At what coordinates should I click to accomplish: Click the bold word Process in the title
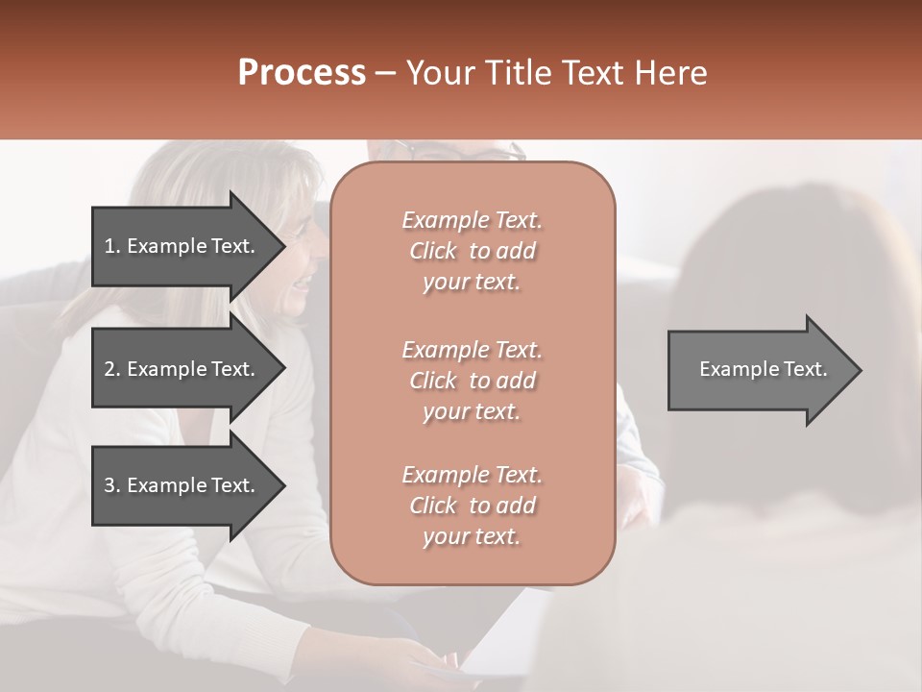click(x=302, y=73)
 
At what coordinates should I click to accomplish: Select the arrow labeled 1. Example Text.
click(x=182, y=246)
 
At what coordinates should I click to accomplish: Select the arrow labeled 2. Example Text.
click(x=182, y=369)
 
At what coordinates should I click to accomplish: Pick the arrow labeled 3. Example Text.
click(x=182, y=485)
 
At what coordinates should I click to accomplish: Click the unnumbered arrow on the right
click(x=759, y=369)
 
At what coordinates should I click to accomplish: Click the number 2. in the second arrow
click(x=112, y=369)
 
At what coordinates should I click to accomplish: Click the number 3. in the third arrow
click(x=112, y=485)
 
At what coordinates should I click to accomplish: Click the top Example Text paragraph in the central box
click(x=472, y=251)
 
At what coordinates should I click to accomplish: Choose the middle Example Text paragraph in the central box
click(x=472, y=381)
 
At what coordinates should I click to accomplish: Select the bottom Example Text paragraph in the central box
click(x=472, y=506)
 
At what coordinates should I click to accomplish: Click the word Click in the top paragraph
click(x=433, y=251)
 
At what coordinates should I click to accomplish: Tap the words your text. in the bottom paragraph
click(x=472, y=537)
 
